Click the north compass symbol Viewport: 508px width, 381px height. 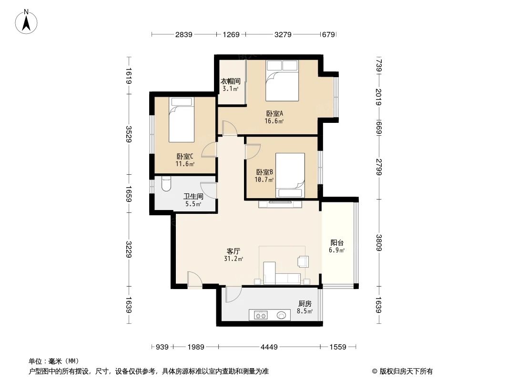[27, 21]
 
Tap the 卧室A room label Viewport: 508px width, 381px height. [274, 117]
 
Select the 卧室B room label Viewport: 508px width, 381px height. [264, 176]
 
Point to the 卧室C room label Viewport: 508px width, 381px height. [185, 160]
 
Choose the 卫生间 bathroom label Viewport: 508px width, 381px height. [193, 200]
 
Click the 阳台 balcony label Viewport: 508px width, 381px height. [336, 245]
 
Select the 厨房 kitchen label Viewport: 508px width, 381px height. [305, 307]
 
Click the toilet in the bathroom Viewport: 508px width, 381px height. [165, 184]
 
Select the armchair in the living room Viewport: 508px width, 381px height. [303, 261]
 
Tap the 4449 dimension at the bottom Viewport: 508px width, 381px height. [269, 347]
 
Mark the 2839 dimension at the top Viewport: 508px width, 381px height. [184, 34]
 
